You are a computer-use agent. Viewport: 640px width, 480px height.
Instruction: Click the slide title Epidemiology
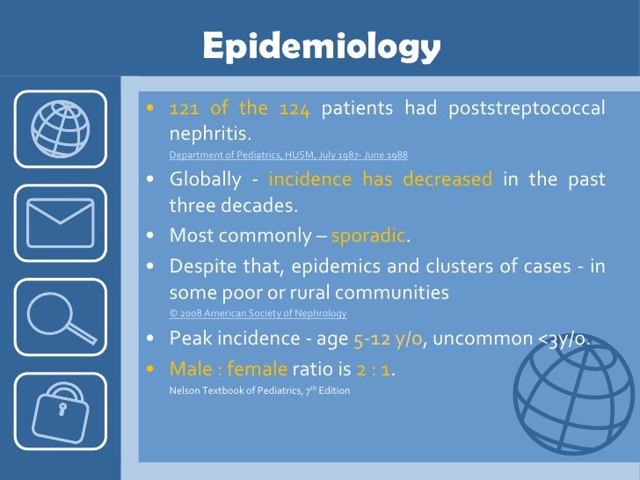click(x=320, y=46)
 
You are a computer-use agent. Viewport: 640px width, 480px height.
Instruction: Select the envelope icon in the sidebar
click(x=61, y=222)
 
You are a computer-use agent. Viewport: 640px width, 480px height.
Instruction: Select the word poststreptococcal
click(x=527, y=109)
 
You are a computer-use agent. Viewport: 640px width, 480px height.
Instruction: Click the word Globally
click(x=205, y=180)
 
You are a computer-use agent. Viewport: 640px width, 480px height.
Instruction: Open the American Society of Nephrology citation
click(x=258, y=314)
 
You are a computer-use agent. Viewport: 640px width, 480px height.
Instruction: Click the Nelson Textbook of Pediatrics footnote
click(x=259, y=389)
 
